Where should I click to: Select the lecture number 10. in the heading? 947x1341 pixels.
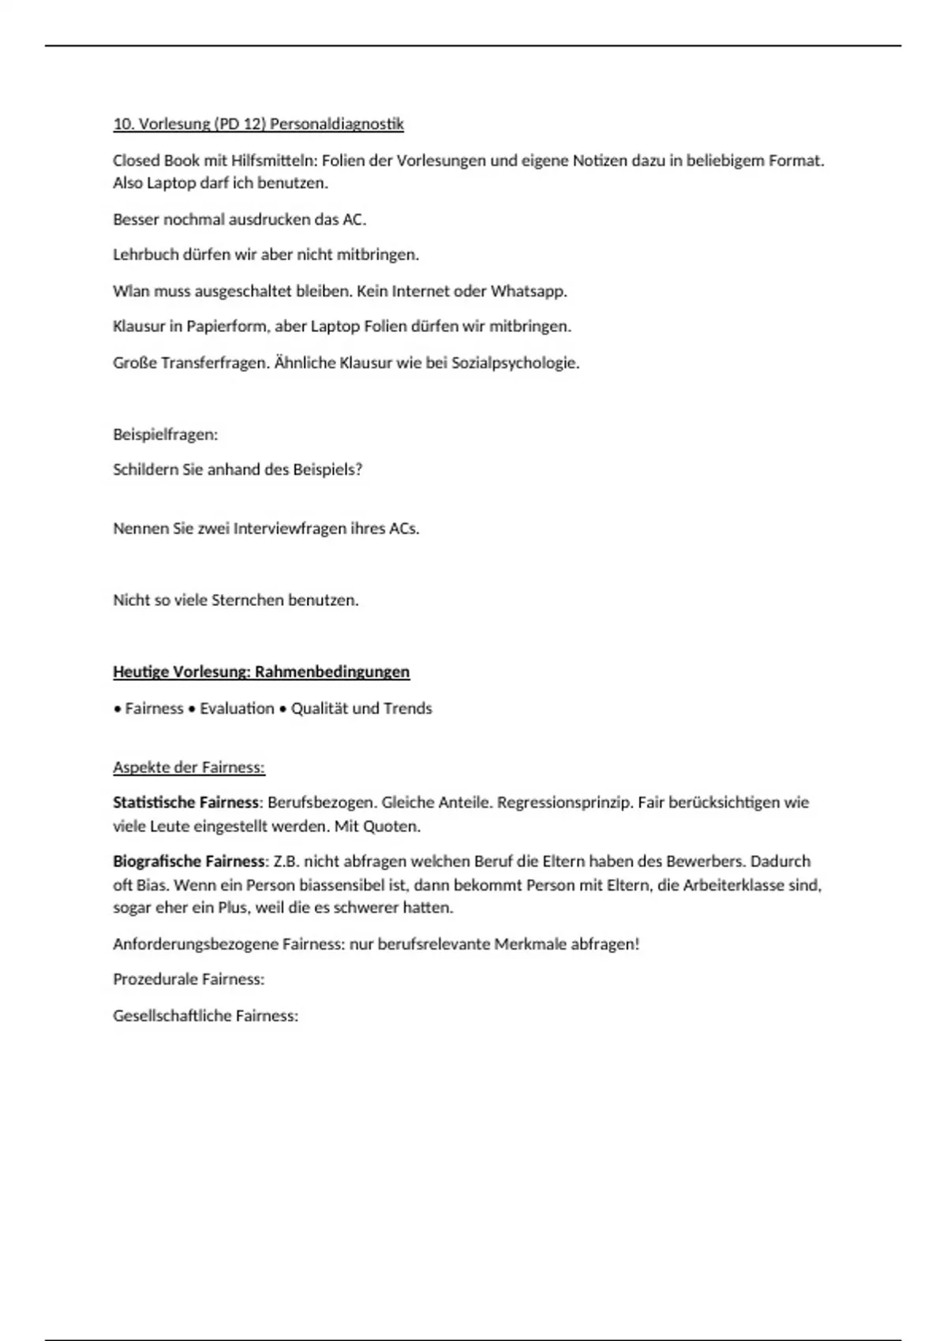[123, 124]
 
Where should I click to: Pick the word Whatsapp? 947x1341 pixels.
[528, 291]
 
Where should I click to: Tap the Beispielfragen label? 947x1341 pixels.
[165, 435]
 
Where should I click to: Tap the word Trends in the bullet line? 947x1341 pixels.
[407, 708]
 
